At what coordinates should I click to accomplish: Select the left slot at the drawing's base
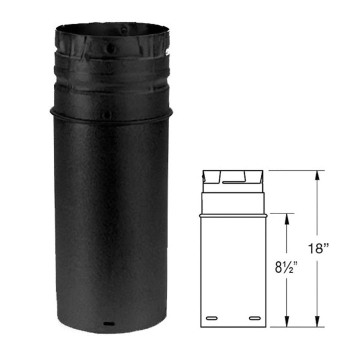212,318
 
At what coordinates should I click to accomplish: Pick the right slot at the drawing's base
255,318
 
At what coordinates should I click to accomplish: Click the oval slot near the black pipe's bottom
109,324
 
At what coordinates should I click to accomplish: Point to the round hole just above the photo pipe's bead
107,114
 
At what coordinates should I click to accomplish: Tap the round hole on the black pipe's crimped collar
110,48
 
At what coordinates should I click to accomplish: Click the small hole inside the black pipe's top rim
124,30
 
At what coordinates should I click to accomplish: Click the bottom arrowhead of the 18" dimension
317,321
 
